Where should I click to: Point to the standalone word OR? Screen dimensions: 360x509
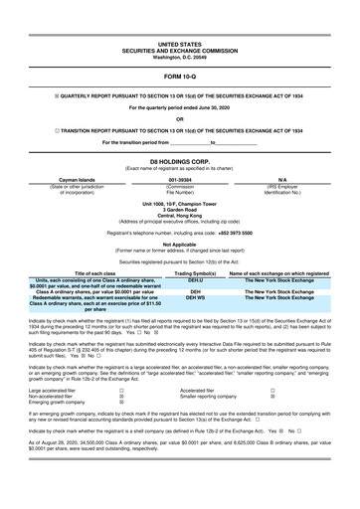coord(179,120)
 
